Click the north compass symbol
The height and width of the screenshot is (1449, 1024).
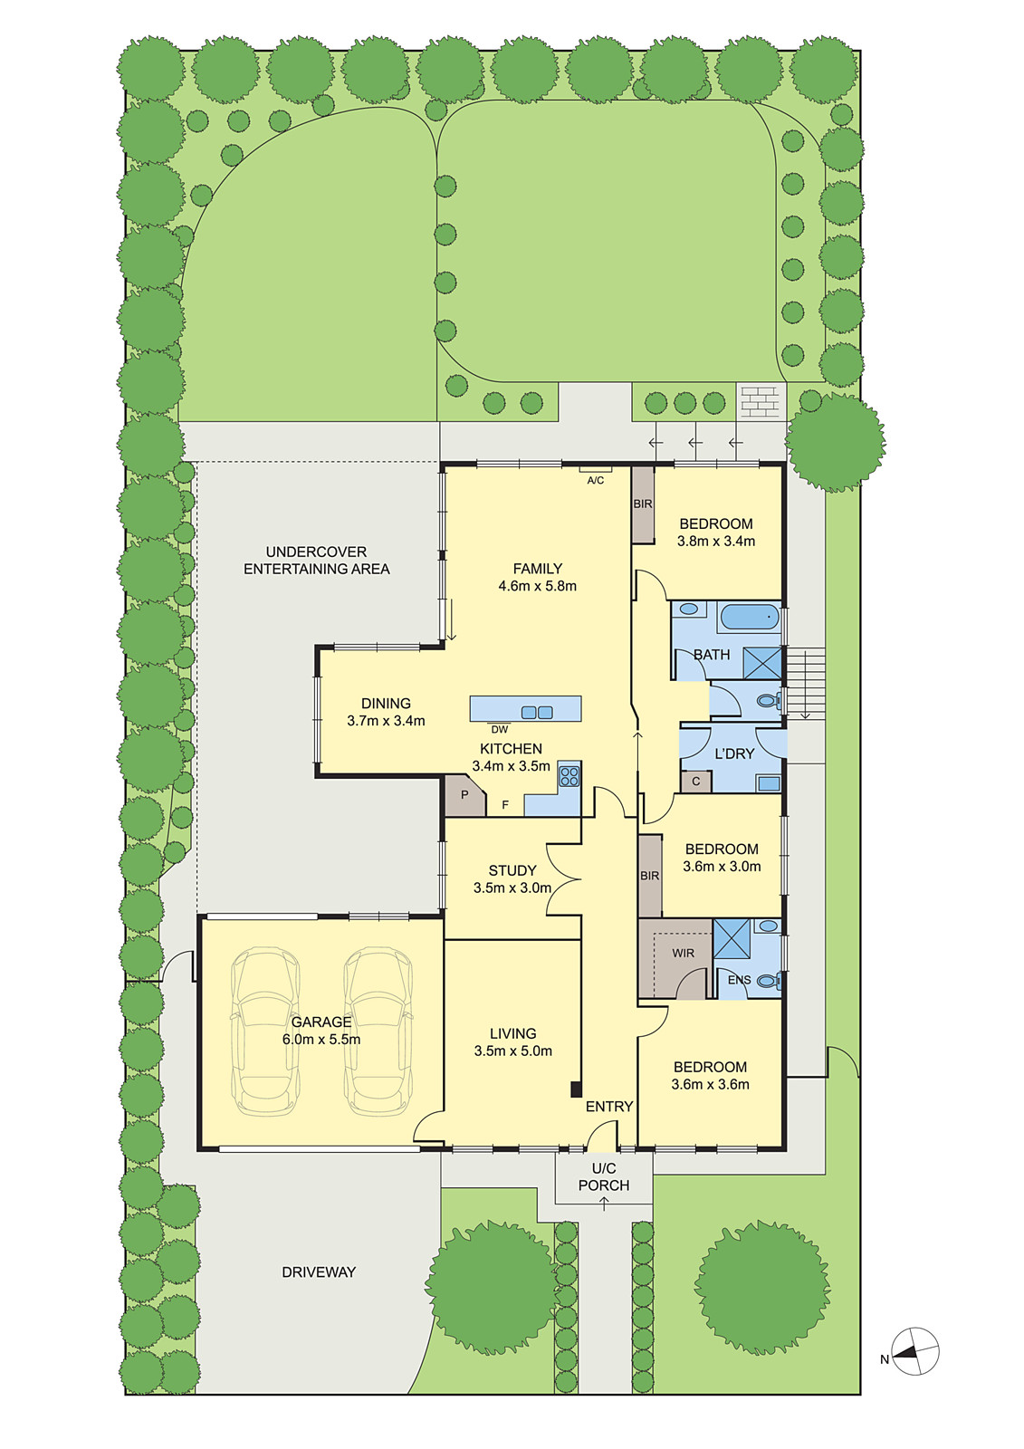coord(914,1351)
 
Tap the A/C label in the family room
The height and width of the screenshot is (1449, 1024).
coord(596,480)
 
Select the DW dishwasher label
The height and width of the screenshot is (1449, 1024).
coord(500,729)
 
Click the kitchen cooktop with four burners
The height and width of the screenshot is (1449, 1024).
coord(569,776)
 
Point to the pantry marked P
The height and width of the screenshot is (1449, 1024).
coord(464,795)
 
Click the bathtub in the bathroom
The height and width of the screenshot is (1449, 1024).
coord(749,618)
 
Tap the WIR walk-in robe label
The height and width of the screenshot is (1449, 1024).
coord(684,953)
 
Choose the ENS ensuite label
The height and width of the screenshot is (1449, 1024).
coord(739,980)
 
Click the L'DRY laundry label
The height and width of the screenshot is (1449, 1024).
coord(734,753)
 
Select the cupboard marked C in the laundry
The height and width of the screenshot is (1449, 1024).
coord(695,782)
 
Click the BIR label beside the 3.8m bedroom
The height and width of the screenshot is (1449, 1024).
coord(643,504)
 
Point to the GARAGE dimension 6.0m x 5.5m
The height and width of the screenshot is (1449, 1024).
coord(321,1040)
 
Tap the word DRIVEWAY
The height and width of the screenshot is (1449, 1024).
coord(319,1271)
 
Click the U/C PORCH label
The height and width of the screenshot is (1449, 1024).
coord(604,1176)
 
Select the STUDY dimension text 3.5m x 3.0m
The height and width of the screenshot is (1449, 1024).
coord(512,888)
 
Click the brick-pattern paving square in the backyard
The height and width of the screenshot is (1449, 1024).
coord(760,399)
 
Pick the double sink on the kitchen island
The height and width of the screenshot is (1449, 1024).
coord(537,712)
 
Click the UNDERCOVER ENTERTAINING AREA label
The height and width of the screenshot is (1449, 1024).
coord(317,560)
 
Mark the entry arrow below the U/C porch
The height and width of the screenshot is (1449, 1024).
coord(604,1204)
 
